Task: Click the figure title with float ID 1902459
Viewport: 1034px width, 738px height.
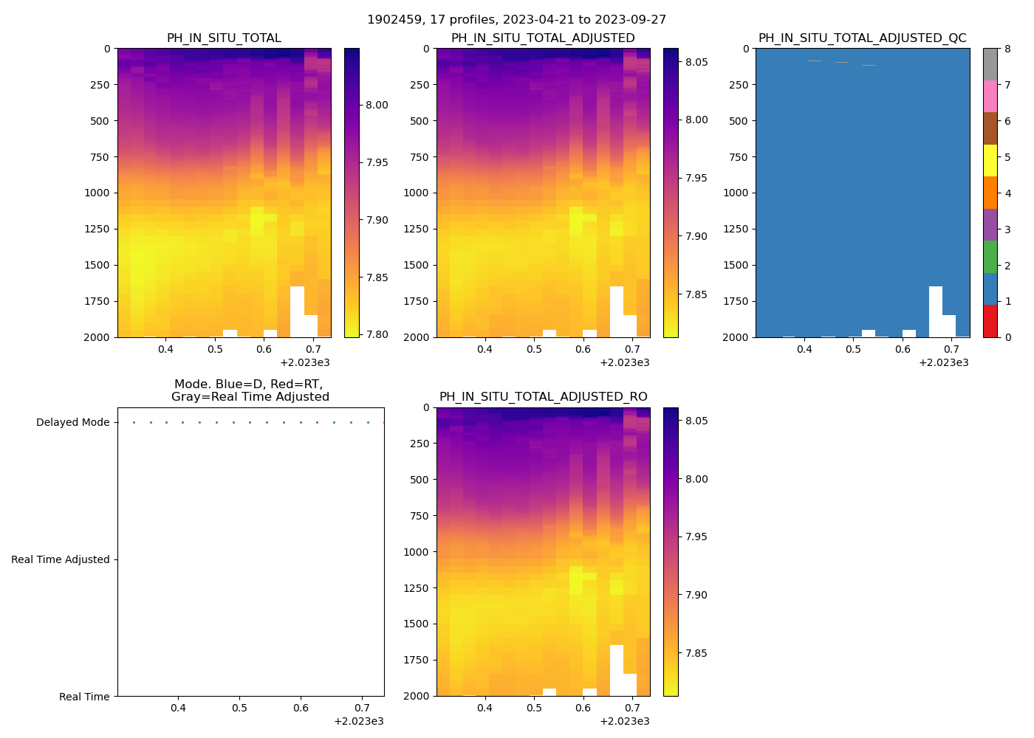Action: [516, 20]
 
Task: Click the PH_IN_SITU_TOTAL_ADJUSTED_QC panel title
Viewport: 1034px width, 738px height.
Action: [862, 38]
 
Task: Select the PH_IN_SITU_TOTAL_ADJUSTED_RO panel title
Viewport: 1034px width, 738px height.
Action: [543, 397]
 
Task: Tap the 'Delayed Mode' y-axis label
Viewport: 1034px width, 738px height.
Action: [72, 423]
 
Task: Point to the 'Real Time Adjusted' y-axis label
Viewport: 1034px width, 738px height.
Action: [61, 560]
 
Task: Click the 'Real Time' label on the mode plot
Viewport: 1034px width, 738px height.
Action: [84, 697]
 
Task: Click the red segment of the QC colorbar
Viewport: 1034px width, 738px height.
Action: [990, 321]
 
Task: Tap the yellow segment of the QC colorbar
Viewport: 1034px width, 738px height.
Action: [990, 161]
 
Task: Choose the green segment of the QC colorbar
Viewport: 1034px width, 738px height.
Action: [990, 257]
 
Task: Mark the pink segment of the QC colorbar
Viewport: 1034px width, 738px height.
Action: [990, 97]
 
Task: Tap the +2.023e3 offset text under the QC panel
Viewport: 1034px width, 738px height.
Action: [944, 362]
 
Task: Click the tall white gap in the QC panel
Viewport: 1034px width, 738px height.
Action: [935, 310]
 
